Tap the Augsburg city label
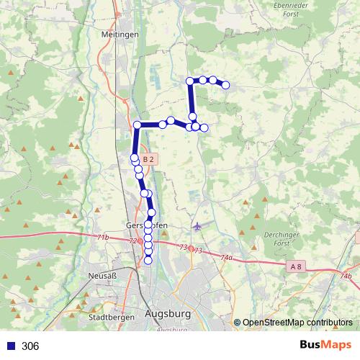[168, 314]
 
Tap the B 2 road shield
[149, 158]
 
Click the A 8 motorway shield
[294, 267]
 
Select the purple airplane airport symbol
[197, 226]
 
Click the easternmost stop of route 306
[225, 85]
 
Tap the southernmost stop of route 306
[148, 261]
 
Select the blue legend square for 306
[11, 346]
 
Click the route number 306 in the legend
[30, 346]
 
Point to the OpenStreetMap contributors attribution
[297, 323]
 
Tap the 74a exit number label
[228, 257]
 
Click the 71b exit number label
[102, 236]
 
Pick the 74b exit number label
[346, 276]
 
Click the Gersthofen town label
[146, 224]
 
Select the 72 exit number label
[132, 241]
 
